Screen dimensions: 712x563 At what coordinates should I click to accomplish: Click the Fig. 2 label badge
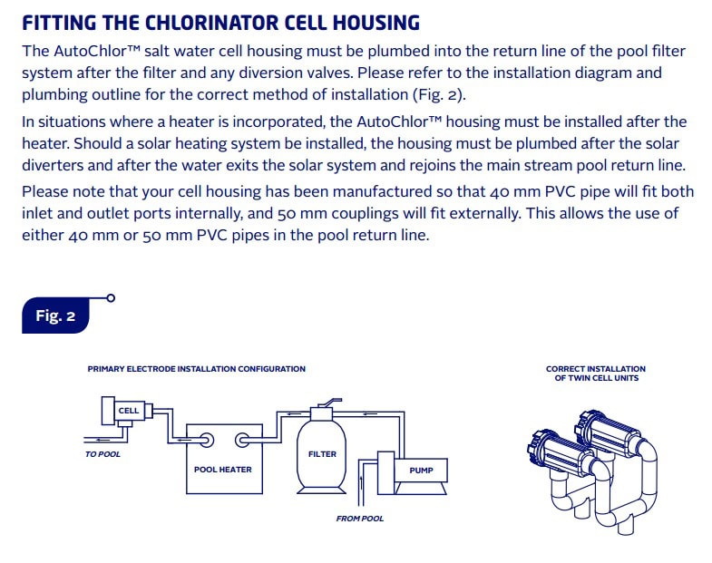(x=55, y=315)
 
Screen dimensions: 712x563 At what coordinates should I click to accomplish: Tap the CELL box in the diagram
(x=129, y=411)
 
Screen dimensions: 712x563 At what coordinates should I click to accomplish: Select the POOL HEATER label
(x=223, y=470)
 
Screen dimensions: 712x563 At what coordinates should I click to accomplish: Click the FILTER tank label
(x=322, y=454)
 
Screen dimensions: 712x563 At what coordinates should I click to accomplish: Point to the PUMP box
(x=421, y=471)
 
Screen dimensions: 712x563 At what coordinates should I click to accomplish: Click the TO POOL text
(x=103, y=454)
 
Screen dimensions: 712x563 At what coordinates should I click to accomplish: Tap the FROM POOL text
(x=360, y=519)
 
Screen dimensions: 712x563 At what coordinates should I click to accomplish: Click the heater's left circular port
(x=207, y=440)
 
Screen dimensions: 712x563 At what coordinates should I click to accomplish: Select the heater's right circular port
(x=242, y=440)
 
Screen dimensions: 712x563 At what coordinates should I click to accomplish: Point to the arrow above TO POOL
(x=102, y=440)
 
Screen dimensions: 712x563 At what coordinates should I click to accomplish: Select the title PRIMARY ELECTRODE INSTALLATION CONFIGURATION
(x=197, y=369)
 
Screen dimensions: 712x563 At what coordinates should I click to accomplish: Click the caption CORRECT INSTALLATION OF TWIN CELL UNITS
(x=596, y=374)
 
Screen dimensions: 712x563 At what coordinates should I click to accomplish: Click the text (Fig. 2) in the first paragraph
(x=439, y=95)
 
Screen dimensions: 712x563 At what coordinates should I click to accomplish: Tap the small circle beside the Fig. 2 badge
(x=111, y=298)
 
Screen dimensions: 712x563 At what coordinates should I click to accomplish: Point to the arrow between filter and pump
(x=370, y=413)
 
